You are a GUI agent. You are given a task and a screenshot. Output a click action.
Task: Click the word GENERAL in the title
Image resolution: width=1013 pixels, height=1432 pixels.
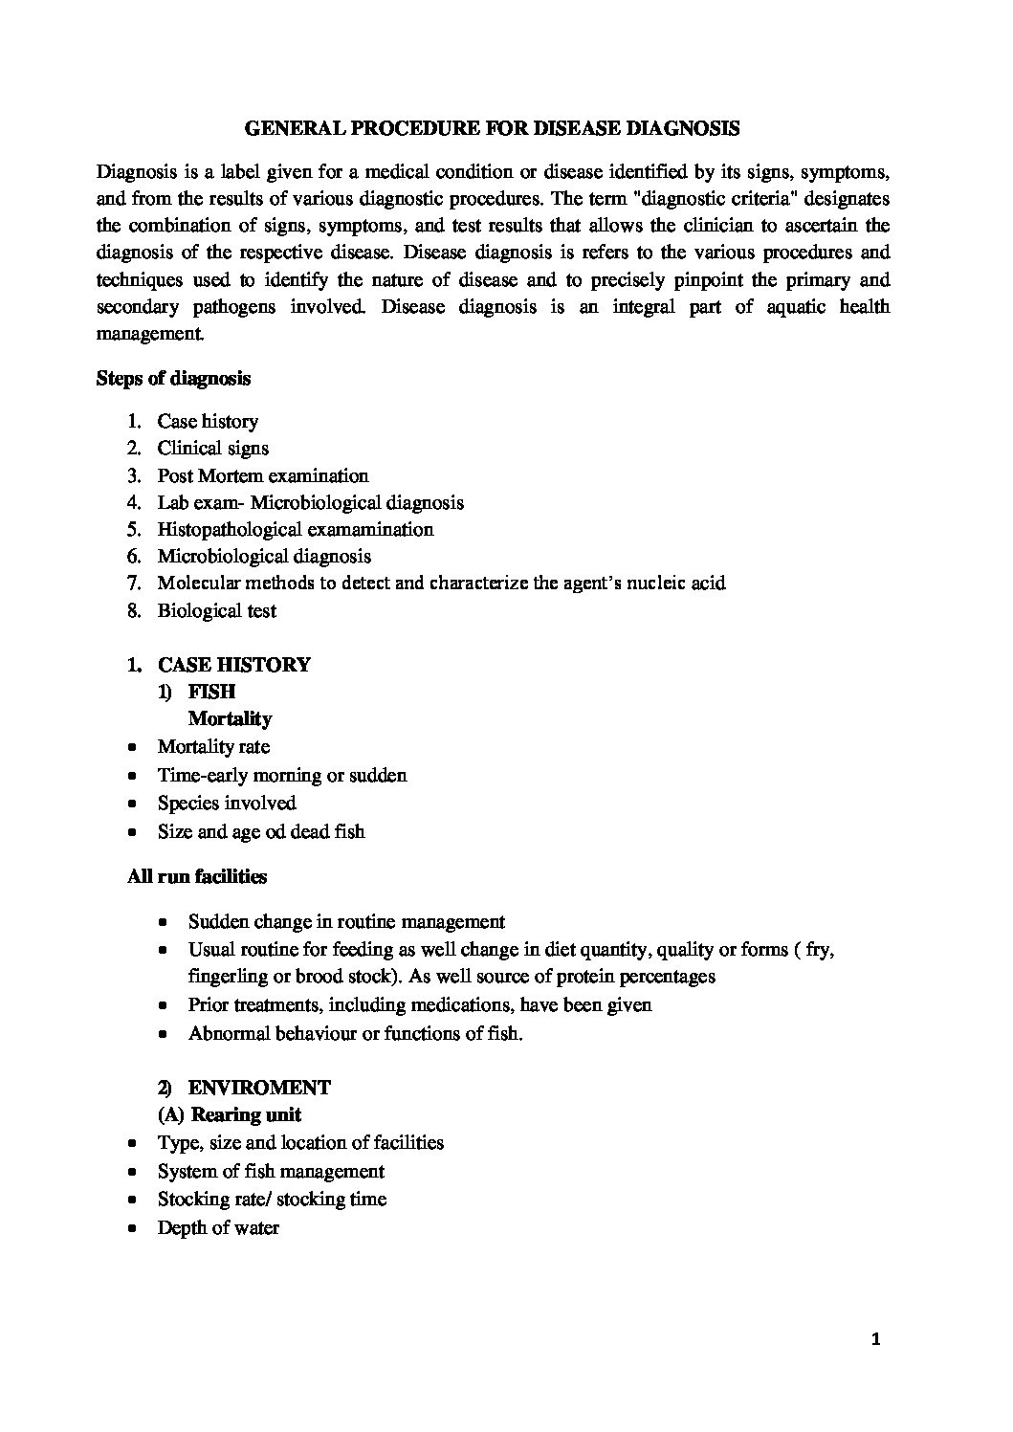tap(286, 127)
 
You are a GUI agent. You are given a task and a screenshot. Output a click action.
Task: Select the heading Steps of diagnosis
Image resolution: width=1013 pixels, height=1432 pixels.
tap(173, 378)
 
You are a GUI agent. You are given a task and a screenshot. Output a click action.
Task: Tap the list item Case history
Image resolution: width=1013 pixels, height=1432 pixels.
tap(208, 422)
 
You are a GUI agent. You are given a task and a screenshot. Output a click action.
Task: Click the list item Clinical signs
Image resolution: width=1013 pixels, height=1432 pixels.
tap(213, 449)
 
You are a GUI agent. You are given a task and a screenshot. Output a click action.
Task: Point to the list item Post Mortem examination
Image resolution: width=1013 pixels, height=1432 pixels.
tap(263, 475)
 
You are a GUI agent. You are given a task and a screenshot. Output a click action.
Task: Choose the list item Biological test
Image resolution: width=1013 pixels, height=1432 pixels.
tap(217, 610)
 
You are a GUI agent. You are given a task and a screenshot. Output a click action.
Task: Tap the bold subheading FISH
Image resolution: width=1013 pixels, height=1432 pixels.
tap(211, 692)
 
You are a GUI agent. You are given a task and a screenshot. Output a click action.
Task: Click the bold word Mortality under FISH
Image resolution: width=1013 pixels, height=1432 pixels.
tap(230, 718)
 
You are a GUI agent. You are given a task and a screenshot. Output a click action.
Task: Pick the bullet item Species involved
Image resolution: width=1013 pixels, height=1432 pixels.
tap(227, 804)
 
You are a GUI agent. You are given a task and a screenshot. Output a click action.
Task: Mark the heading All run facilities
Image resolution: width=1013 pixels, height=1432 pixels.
tap(197, 876)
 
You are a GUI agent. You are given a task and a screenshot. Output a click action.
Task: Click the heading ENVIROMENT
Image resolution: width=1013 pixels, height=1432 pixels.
tap(259, 1088)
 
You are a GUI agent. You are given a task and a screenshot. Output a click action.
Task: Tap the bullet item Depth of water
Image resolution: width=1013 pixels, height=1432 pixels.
tap(218, 1228)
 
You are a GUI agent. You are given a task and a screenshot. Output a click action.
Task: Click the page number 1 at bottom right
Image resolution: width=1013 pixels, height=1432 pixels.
tap(875, 1340)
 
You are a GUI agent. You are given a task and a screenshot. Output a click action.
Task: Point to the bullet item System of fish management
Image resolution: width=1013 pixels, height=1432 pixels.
tap(271, 1172)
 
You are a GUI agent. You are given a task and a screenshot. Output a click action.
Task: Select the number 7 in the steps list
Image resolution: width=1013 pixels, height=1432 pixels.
tap(133, 583)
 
